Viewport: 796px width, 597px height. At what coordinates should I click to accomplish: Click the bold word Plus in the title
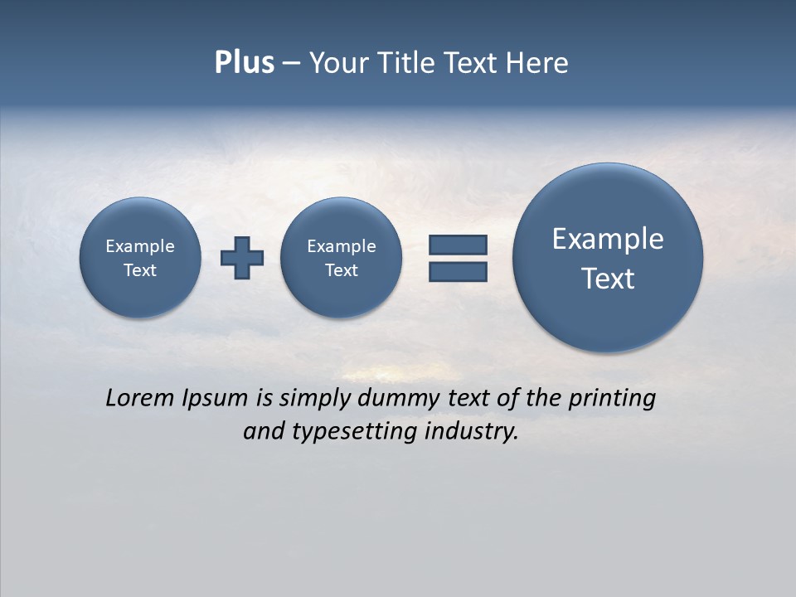pyautogui.click(x=244, y=63)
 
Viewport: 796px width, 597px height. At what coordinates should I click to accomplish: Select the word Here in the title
pyautogui.click(x=540, y=63)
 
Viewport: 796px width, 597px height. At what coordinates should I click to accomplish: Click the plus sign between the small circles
pyautogui.click(x=242, y=258)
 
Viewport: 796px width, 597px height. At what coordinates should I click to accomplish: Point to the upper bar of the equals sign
pyautogui.click(x=458, y=245)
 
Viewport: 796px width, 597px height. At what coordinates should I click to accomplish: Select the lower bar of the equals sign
pyautogui.click(x=458, y=271)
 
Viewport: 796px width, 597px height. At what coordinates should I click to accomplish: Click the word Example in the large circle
pyautogui.click(x=608, y=239)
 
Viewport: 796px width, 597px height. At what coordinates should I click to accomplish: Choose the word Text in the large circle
pyautogui.click(x=608, y=279)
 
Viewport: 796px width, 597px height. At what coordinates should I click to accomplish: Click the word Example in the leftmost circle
pyautogui.click(x=140, y=246)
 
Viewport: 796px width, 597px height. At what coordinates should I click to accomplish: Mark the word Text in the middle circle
pyautogui.click(x=342, y=270)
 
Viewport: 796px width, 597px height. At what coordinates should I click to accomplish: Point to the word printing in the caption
pyautogui.click(x=612, y=399)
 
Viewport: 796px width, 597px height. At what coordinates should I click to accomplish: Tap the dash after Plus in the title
pyautogui.click(x=291, y=64)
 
